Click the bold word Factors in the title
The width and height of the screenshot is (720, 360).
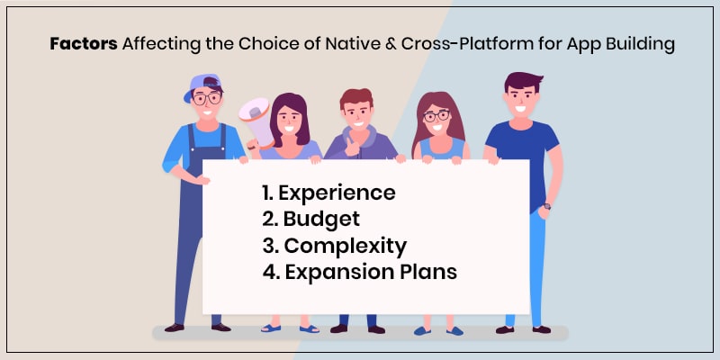(79, 43)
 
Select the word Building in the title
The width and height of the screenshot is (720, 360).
(640, 43)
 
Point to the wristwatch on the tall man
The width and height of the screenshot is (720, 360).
(546, 206)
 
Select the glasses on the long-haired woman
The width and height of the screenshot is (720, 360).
(435, 116)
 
